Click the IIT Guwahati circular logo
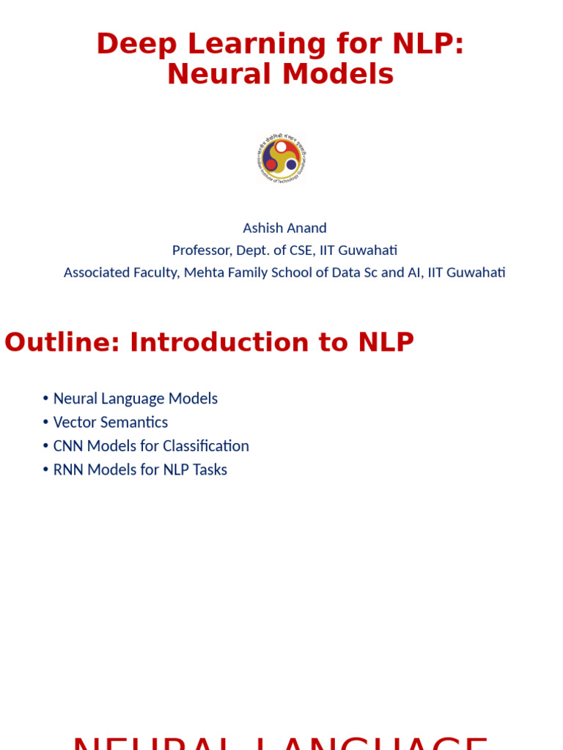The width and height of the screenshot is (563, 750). [x=281, y=158]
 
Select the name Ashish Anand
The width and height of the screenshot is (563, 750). [x=284, y=228]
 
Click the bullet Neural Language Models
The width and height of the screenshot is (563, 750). [x=136, y=398]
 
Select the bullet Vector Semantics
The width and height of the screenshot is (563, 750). [x=111, y=422]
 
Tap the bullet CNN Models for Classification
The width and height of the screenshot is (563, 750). [x=151, y=446]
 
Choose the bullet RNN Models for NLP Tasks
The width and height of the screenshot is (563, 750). [x=140, y=469]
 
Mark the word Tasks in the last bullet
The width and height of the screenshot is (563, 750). [x=210, y=469]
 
